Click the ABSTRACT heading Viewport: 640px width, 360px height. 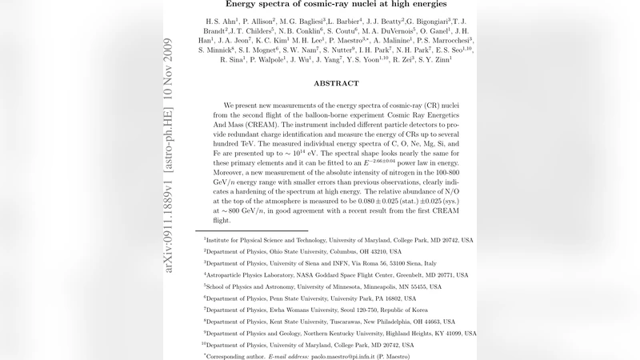330,83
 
